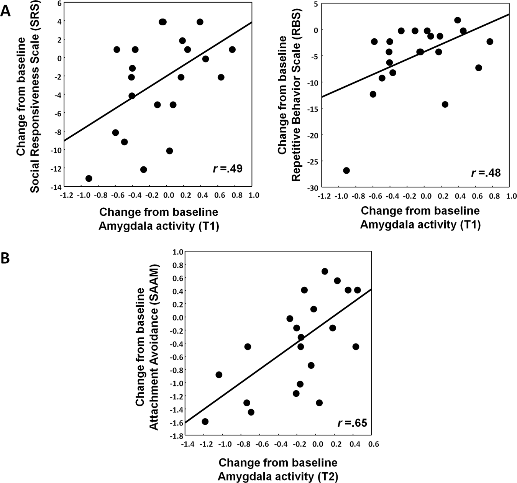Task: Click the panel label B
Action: (x=5, y=259)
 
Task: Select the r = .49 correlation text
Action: (x=228, y=169)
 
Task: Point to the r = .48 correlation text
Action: (x=486, y=173)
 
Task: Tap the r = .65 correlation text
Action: (x=352, y=423)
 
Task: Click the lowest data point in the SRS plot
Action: (x=89, y=178)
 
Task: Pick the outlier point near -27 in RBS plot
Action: (x=346, y=171)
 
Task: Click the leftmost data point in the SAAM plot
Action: (x=205, y=421)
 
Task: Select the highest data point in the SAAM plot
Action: (x=325, y=271)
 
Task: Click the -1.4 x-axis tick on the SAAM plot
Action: (x=187, y=444)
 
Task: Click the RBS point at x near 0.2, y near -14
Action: (x=445, y=104)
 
